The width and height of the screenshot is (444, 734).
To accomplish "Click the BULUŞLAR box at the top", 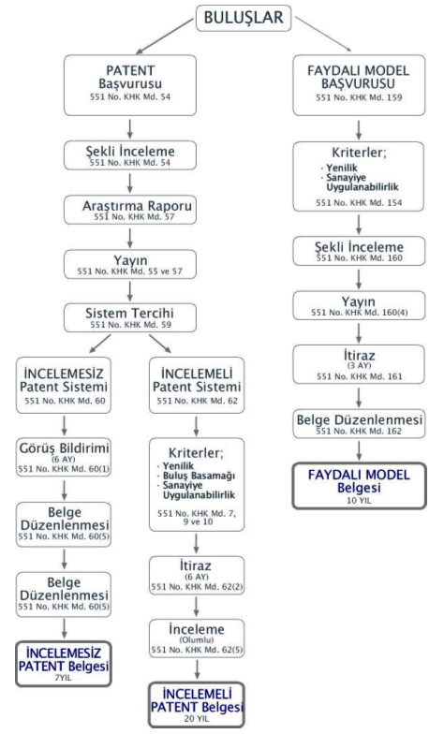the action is tap(244, 19).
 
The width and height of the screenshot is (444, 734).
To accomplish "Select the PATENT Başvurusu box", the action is tap(130, 85).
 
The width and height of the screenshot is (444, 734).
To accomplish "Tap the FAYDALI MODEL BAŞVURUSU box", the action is tap(359, 85).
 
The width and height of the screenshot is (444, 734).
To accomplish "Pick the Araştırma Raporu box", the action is tap(130, 210).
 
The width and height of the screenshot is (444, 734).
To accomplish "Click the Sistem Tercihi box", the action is tap(130, 317).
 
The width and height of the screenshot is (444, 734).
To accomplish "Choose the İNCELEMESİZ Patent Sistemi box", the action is tap(64, 386).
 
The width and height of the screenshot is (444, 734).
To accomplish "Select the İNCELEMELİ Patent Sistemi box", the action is tap(197, 386).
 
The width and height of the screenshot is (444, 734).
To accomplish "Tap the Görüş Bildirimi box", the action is tap(64, 457).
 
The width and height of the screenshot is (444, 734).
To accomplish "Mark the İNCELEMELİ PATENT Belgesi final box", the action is tap(197, 705).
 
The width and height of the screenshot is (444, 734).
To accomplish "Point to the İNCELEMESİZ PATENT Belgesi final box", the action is tap(64, 664).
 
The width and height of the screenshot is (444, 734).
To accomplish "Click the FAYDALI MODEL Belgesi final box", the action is tap(360, 486).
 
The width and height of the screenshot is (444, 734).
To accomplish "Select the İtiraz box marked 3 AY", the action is tap(359, 365).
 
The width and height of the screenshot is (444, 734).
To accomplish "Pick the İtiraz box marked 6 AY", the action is tap(197, 575).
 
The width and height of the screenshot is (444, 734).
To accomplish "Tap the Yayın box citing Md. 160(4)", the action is tap(359, 305).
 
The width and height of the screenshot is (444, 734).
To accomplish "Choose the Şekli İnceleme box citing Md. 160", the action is tap(359, 251).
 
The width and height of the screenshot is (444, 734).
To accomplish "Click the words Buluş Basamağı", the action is tap(199, 476).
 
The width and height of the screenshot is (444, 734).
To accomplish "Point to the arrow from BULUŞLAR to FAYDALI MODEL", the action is tap(323, 34).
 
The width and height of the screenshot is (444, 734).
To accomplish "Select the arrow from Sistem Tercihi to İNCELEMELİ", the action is tap(160, 344).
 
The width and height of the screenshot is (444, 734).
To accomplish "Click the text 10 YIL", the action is tap(359, 500).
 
